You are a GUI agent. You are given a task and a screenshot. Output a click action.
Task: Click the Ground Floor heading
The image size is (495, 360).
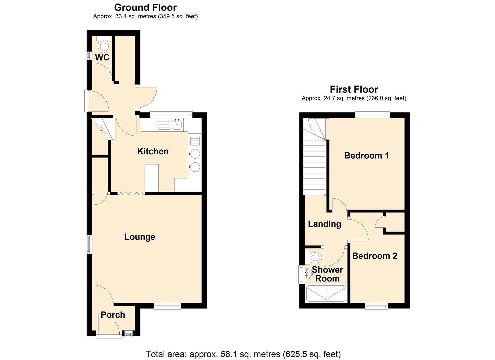(145, 7)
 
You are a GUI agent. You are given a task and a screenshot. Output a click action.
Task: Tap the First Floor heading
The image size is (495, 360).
(354, 89)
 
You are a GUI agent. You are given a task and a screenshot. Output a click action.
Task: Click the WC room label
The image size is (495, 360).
(102, 57)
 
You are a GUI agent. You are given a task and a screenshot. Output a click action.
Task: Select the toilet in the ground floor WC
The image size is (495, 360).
(103, 45)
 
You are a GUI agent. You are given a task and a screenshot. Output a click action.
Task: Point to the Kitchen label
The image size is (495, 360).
(153, 151)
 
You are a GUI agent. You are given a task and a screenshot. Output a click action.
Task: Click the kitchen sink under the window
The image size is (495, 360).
(176, 125)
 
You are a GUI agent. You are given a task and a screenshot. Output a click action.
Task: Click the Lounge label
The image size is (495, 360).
(140, 237)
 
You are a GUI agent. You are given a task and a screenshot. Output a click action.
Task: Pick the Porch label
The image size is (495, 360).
(113, 315)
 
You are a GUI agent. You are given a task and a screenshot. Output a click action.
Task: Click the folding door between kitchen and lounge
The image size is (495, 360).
(131, 193)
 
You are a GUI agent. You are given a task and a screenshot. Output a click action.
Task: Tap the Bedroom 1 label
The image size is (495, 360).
(366, 155)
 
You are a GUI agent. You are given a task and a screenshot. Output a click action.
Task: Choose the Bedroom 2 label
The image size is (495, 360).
(375, 256)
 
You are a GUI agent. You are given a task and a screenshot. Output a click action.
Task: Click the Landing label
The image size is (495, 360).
(324, 224)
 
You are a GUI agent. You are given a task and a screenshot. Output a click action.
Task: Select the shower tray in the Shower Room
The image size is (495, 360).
(326, 293)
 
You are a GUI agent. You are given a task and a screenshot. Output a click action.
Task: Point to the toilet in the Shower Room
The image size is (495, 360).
(314, 257)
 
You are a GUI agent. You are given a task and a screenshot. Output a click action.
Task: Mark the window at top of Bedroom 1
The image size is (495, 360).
(372, 115)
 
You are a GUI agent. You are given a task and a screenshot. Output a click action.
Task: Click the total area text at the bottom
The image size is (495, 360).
(243, 354)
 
